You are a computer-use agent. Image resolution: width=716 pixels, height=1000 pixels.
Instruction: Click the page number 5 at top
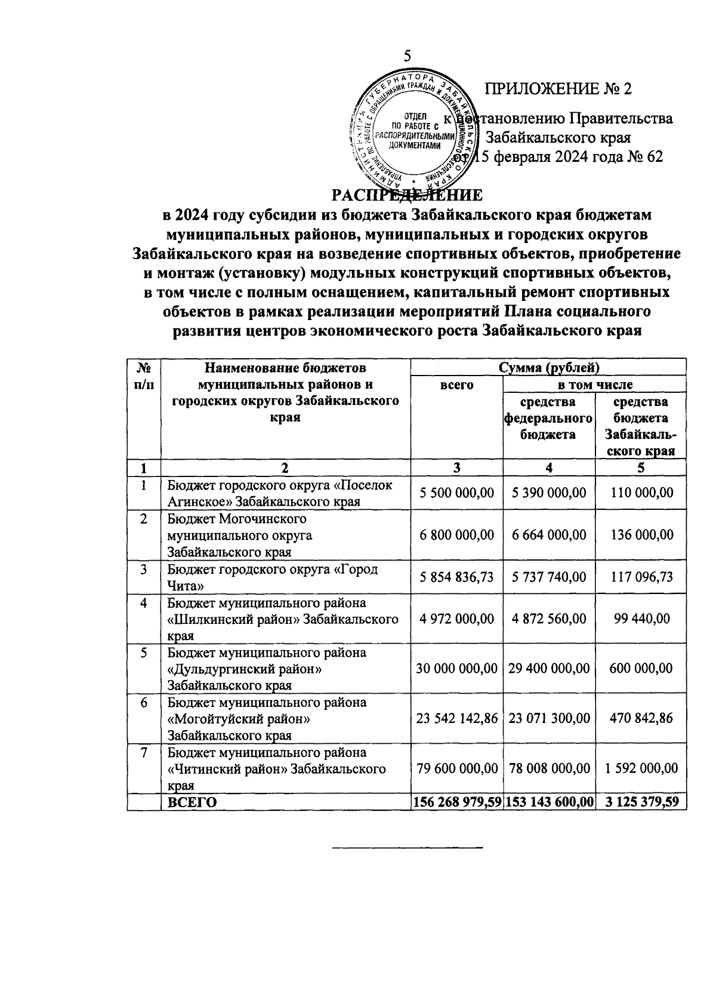coord(407,56)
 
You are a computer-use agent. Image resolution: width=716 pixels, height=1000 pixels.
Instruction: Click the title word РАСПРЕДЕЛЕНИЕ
coord(407,196)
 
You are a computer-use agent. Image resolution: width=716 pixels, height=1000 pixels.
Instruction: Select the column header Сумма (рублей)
coord(548,367)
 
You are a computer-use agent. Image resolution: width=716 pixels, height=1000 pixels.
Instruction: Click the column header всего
coord(456,385)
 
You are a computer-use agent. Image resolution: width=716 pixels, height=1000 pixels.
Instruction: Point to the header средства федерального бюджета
coord(548,418)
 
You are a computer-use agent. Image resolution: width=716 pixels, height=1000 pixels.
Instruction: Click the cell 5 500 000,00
coord(456,493)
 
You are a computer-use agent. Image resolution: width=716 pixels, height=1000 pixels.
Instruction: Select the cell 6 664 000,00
coord(548,535)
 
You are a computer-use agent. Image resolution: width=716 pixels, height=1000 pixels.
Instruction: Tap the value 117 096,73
coord(641,577)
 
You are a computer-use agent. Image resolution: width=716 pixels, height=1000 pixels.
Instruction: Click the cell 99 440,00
coord(641,619)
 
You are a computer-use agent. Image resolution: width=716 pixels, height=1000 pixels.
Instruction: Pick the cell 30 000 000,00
coord(456,668)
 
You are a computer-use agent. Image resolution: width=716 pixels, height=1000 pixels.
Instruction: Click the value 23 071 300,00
coord(548,718)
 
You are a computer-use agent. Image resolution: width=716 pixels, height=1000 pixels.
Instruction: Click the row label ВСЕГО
coord(192,802)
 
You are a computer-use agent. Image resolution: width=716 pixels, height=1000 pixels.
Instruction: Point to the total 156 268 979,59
coord(456,802)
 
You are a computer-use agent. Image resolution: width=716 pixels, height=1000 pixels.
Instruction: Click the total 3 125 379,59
coord(641,802)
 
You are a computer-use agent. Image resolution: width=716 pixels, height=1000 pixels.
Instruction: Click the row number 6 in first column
coord(144,703)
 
